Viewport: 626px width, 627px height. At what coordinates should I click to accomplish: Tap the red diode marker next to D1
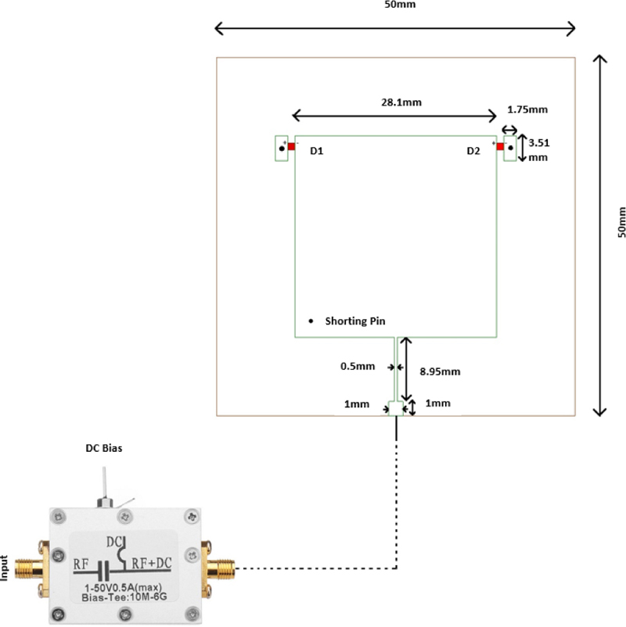tap(290, 146)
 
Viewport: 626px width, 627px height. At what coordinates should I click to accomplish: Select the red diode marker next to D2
tap(499, 145)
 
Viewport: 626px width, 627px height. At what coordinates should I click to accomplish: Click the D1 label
tap(317, 152)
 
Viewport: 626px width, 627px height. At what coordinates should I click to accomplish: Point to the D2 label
tap(473, 151)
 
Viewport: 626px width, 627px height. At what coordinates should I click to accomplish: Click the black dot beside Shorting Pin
tap(311, 321)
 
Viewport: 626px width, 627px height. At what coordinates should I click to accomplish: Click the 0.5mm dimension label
tap(358, 366)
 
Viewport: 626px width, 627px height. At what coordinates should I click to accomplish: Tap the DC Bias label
tap(104, 449)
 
